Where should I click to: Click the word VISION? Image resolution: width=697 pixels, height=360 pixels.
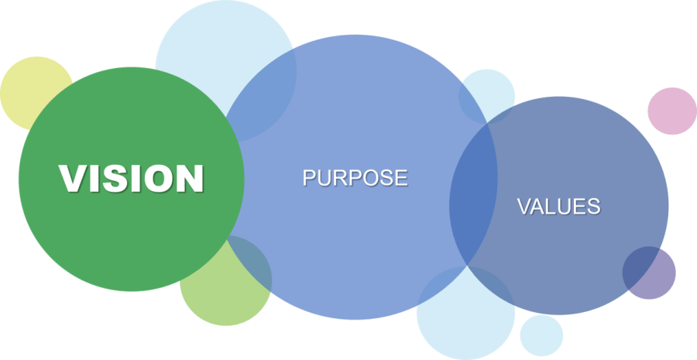pyautogui.click(x=132, y=178)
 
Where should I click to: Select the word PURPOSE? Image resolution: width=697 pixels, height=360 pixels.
pyautogui.click(x=355, y=177)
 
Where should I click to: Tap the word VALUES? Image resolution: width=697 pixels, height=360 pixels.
pyautogui.click(x=558, y=206)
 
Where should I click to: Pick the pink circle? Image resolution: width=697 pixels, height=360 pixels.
pyautogui.click(x=672, y=111)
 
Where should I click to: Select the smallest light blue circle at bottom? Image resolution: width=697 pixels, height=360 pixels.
pyautogui.click(x=541, y=335)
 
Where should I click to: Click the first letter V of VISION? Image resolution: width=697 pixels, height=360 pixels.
pyautogui.click(x=71, y=178)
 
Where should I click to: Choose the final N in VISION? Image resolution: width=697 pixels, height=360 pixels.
pyautogui.click(x=191, y=178)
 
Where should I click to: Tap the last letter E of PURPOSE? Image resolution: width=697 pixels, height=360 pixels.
pyautogui.click(x=400, y=177)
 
